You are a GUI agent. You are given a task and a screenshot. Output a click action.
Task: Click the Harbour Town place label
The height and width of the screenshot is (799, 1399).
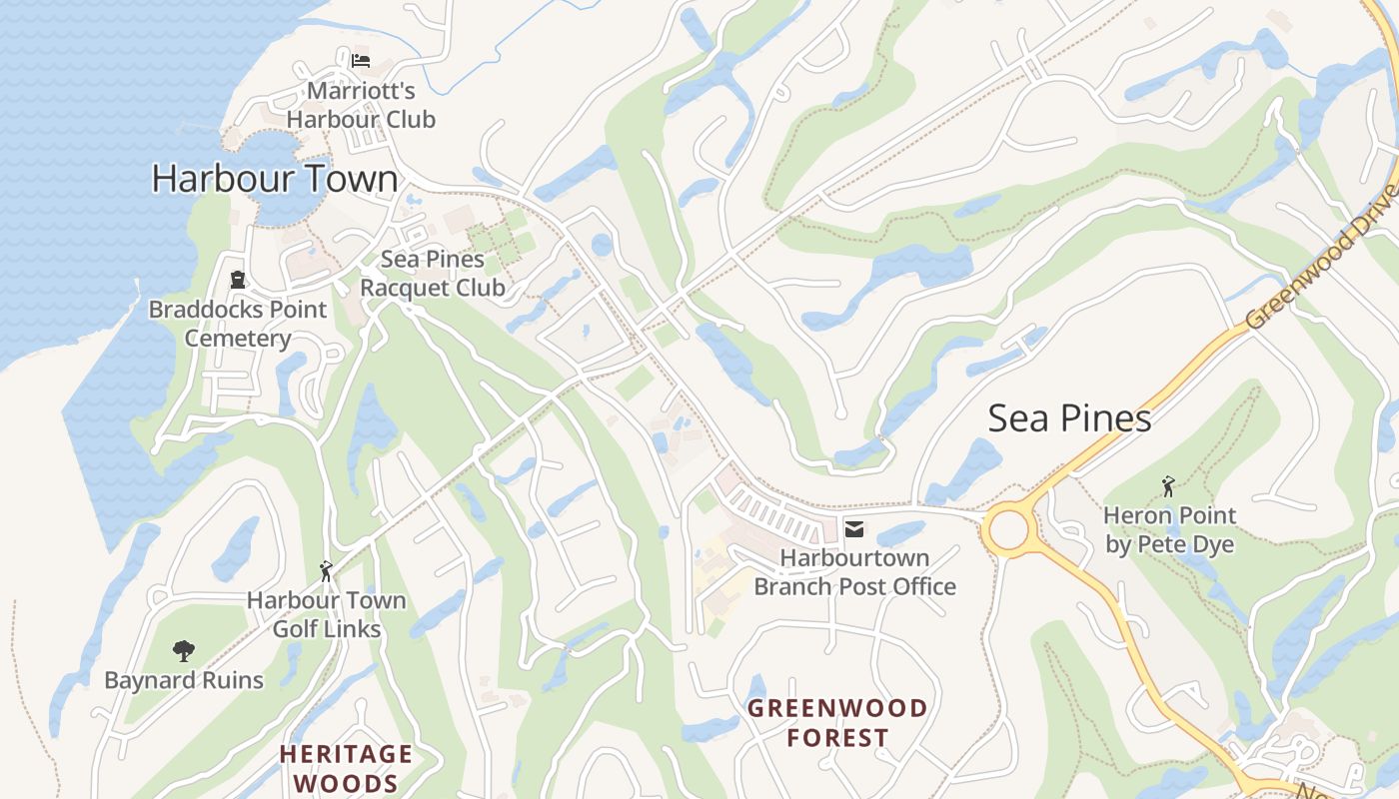click(x=275, y=179)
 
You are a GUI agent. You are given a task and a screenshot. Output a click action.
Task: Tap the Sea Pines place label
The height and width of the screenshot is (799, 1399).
click(x=1069, y=417)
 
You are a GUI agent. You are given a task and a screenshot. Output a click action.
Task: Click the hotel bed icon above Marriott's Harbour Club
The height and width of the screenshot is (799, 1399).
click(x=361, y=61)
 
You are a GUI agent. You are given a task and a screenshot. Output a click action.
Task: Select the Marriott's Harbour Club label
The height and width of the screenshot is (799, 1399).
click(x=361, y=105)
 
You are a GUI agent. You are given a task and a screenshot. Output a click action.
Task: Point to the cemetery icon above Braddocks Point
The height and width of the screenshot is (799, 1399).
click(x=238, y=279)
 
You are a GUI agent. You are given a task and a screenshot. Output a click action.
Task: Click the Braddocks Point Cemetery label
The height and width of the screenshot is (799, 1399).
click(x=238, y=324)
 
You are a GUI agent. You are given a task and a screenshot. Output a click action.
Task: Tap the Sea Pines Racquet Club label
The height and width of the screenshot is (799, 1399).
click(x=432, y=274)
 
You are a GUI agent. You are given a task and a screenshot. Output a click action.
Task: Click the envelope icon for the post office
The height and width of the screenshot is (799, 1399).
click(x=854, y=527)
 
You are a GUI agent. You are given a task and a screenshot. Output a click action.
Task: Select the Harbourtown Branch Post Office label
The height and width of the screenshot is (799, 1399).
click(x=854, y=572)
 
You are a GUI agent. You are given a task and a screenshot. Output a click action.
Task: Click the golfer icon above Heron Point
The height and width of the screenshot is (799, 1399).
click(x=1168, y=486)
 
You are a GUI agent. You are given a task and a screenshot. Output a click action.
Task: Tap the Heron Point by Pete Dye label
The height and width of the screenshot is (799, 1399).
click(x=1169, y=530)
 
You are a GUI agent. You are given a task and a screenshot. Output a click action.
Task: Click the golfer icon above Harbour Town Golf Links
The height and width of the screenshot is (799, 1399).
click(x=325, y=571)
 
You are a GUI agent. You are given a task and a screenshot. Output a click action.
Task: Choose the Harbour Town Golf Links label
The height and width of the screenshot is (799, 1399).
click(x=327, y=614)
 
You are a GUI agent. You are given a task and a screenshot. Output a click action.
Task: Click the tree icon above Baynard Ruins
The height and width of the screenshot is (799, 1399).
click(x=183, y=651)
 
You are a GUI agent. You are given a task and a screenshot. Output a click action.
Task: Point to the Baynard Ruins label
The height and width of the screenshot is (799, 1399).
click(x=184, y=681)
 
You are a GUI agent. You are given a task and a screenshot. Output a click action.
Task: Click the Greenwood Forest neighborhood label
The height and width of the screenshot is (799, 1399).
click(x=837, y=723)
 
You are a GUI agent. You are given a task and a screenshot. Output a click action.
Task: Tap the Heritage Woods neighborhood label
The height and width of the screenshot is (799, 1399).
click(x=346, y=768)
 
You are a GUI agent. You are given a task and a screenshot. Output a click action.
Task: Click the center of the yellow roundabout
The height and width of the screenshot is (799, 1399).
click(x=1009, y=529)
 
